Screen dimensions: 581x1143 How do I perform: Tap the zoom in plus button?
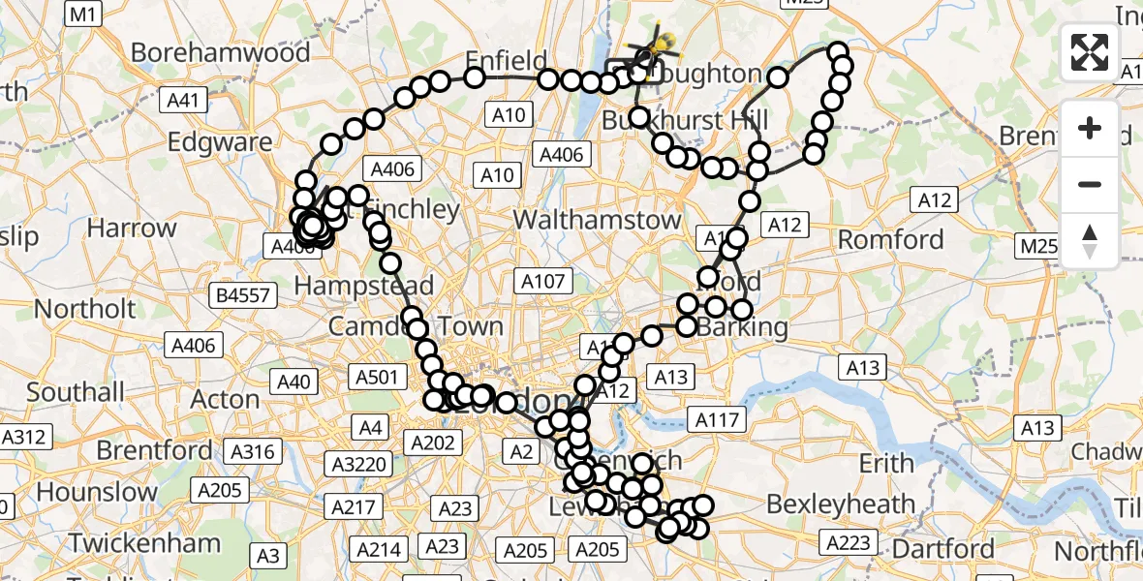(1090, 128)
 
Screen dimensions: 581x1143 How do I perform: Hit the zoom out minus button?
(1090, 184)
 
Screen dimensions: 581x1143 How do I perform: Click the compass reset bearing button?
(1090, 240)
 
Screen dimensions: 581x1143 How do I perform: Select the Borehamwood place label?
(221, 52)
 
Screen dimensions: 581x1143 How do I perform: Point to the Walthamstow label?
(598, 220)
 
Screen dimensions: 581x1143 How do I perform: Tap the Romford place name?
(890, 239)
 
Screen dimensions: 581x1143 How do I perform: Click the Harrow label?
(132, 229)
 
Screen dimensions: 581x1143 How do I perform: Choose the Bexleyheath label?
(841, 504)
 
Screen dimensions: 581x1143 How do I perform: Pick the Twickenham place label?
(144, 542)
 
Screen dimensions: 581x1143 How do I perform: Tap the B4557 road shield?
(243, 295)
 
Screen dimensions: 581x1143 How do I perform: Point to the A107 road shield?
(542, 282)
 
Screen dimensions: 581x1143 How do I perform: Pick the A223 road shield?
(848, 543)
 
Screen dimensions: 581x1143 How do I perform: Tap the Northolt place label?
(85, 309)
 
